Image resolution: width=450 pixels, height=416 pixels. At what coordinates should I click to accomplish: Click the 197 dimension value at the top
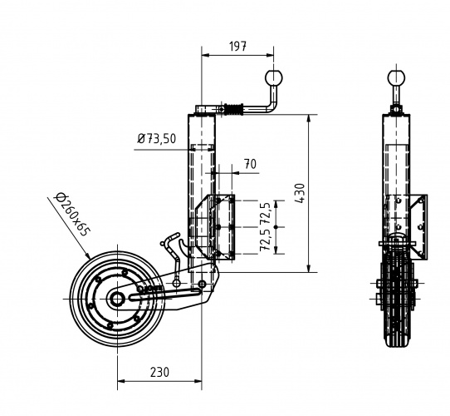[238, 47]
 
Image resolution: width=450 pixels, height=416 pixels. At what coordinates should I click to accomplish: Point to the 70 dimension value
[248, 164]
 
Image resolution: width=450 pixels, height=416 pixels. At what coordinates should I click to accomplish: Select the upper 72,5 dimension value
[266, 213]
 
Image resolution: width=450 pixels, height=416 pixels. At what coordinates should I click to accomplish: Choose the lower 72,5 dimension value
[266, 240]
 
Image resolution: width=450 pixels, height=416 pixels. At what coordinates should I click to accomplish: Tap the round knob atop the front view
[398, 79]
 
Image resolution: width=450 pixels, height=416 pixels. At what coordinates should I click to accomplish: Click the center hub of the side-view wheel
[117, 297]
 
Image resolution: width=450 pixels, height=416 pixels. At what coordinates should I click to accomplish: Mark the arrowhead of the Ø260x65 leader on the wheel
[88, 255]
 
